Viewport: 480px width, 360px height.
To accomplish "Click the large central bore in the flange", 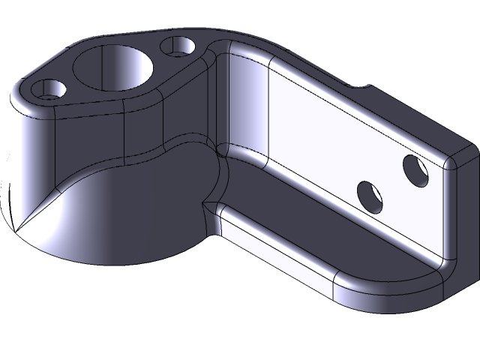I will click(x=113, y=69).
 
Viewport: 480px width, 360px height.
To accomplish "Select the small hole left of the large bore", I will click(x=50, y=91).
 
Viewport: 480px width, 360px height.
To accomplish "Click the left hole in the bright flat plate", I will click(x=370, y=196).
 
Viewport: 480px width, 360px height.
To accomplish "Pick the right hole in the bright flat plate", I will click(x=415, y=171).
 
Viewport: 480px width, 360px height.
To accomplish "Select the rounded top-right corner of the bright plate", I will click(x=452, y=160).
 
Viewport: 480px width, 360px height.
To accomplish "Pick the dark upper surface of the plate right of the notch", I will click(x=412, y=120).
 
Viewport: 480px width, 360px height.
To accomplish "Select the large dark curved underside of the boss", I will click(x=127, y=217).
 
